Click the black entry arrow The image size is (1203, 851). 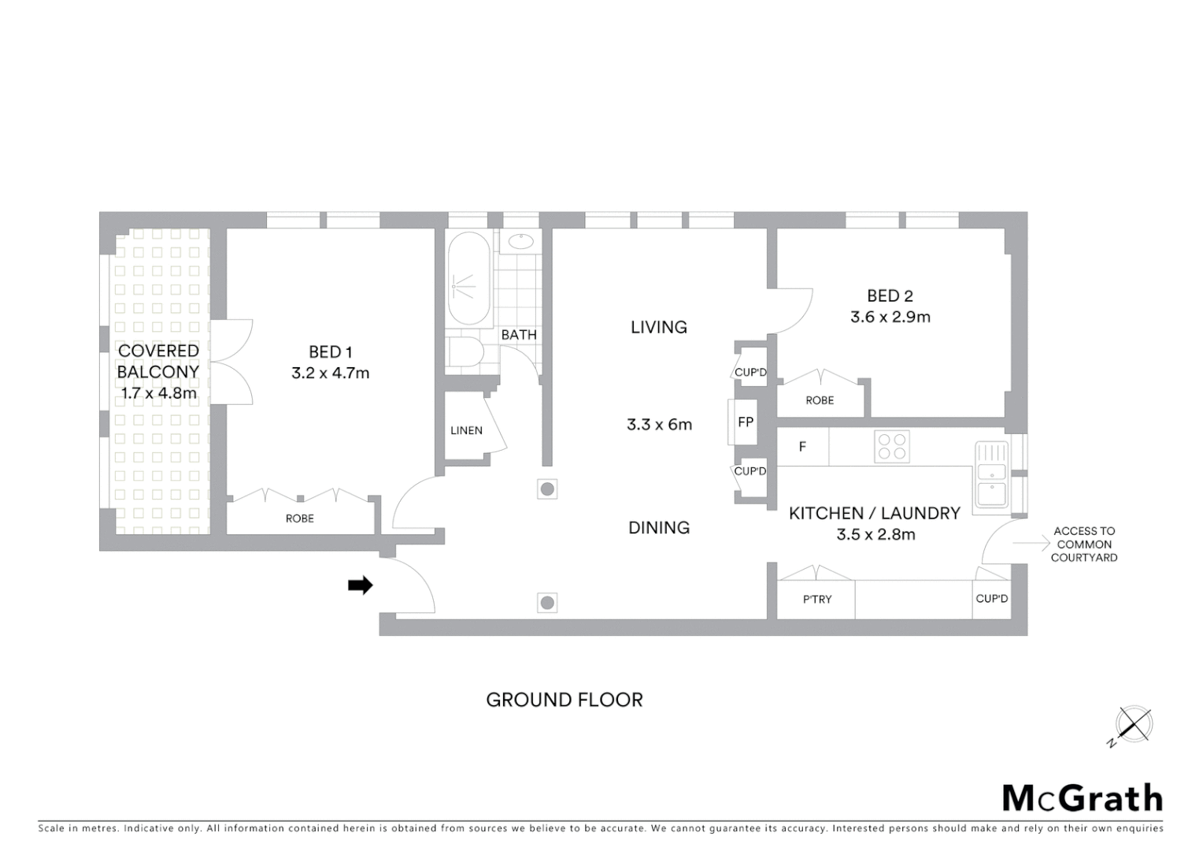pos(361,585)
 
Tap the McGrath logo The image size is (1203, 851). pos(1082,798)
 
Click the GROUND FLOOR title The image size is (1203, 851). pos(564,700)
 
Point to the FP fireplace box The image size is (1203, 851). pos(745,422)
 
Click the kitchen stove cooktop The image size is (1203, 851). pos(891,447)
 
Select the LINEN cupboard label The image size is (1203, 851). pos(466,431)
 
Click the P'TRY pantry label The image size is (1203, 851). pos(816,600)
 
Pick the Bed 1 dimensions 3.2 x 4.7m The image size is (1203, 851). pos(330,373)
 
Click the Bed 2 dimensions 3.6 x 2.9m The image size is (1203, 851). pos(890,318)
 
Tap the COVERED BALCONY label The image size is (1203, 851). pos(158,361)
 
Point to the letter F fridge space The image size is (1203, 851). pos(802,447)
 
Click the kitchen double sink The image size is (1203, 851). pos(990,475)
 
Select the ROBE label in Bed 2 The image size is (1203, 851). pos(820,400)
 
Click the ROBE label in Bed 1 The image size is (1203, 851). pos(299,518)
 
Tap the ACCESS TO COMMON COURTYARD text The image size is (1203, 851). pos(1084,544)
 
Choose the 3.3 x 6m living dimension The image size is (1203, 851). pos(659,425)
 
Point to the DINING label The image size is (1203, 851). pos(659,528)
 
